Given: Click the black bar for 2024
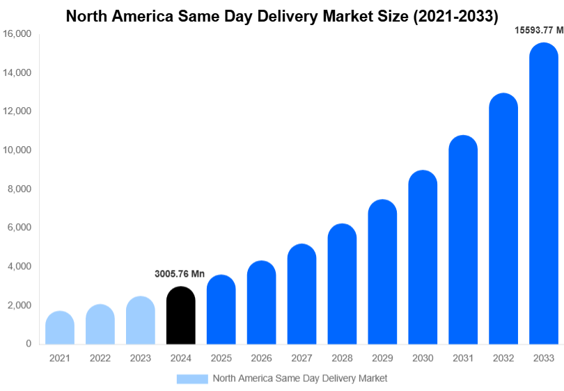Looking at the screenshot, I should [181, 316].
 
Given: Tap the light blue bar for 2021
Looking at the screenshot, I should [60, 328].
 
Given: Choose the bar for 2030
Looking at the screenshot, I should [423, 257].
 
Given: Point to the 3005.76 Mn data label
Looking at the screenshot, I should [180, 274].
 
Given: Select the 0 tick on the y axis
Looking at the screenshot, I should [28, 344].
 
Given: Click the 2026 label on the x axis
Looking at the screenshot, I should [261, 358].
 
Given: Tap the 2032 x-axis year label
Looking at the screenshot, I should [503, 358].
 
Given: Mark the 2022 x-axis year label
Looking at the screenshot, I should [100, 358].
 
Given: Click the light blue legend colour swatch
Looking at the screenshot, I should [192, 378].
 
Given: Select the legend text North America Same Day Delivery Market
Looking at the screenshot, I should [299, 378].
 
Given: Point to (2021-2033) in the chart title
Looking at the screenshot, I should [456, 15].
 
